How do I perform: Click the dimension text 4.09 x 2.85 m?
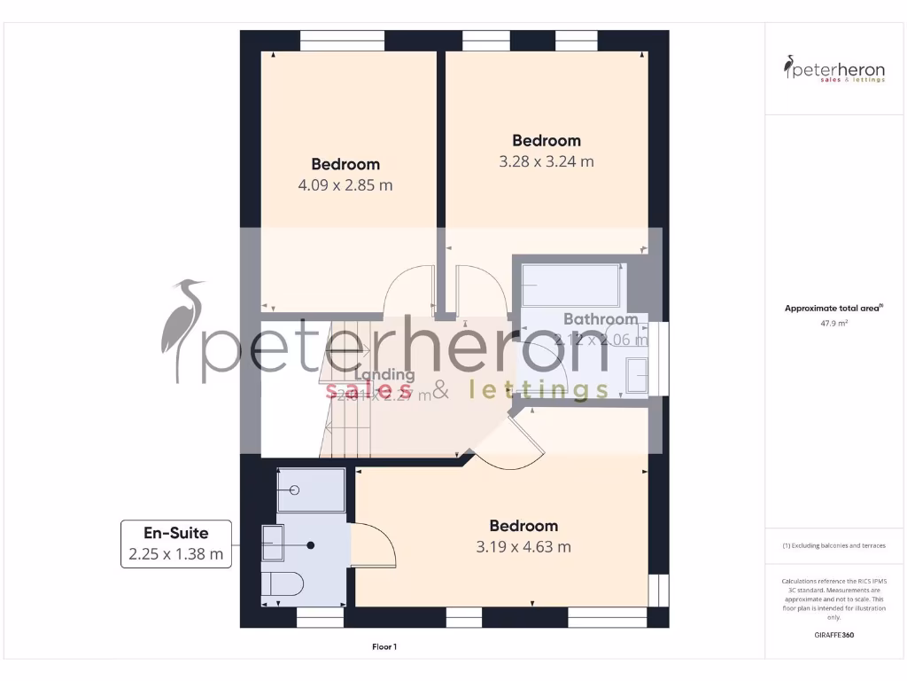click(x=345, y=186)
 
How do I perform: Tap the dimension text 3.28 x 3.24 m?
click(x=547, y=161)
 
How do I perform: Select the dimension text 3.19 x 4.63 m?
click(x=523, y=546)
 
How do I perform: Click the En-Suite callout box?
click(x=176, y=544)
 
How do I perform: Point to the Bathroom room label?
click(x=601, y=319)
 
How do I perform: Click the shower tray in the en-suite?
click(x=310, y=490)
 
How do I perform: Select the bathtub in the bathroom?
click(x=570, y=285)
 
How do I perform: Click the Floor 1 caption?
click(x=384, y=647)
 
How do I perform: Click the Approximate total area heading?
click(x=833, y=309)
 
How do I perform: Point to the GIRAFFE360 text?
click(x=833, y=635)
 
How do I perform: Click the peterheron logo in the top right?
click(x=833, y=69)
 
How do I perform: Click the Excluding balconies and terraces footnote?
click(x=833, y=545)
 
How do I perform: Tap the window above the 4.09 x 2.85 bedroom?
click(x=341, y=41)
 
